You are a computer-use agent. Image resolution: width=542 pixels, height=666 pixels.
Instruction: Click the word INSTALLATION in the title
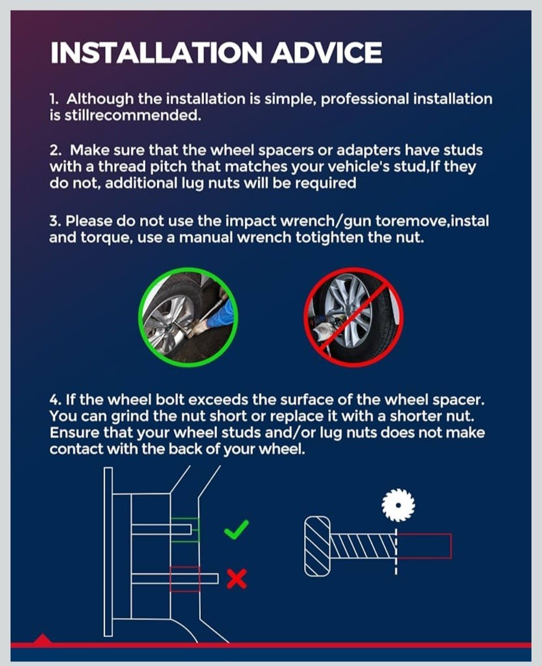[x=156, y=52]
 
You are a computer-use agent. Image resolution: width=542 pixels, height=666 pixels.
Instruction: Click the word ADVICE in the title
[x=326, y=52]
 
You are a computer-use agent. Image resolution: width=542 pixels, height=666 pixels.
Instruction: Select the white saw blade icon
[x=398, y=505]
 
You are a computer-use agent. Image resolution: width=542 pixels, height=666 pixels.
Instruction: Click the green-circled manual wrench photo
[x=188, y=317]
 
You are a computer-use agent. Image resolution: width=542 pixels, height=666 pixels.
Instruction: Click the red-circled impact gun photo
[x=353, y=317]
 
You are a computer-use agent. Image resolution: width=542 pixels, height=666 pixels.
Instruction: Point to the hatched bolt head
[x=317, y=546]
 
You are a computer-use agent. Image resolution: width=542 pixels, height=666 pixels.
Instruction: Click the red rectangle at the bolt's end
[x=424, y=546]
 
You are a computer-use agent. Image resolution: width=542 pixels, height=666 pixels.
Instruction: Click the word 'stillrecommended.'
[x=132, y=116]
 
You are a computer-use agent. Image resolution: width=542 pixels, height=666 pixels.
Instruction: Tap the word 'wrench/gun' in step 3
[x=326, y=222]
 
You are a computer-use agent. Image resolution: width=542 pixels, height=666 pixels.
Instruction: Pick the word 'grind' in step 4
[x=129, y=417]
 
